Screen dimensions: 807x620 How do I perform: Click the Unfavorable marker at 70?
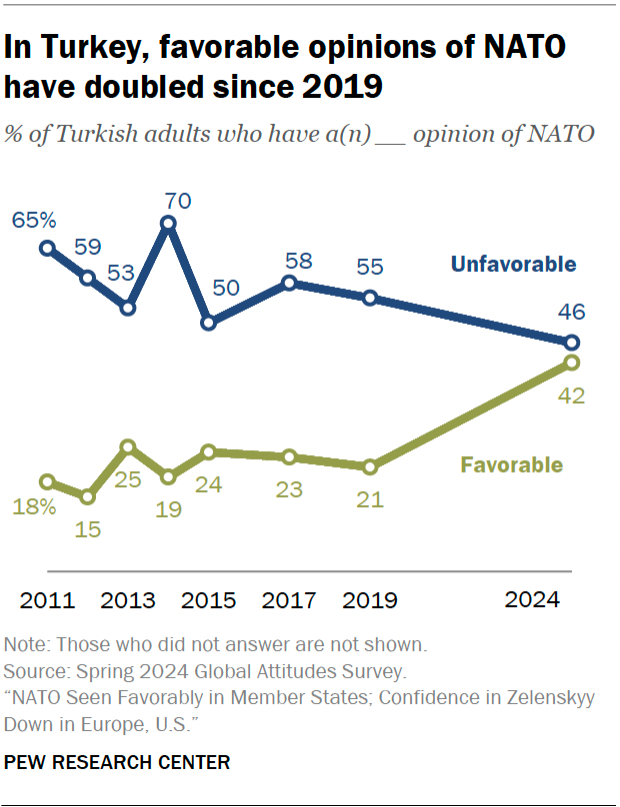pyautogui.click(x=169, y=225)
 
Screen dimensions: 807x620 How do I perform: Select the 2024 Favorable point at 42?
pyautogui.click(x=571, y=363)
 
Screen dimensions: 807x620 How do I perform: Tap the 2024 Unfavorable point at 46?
pyautogui.click(x=571, y=343)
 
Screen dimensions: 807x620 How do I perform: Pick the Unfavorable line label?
pyautogui.click(x=513, y=265)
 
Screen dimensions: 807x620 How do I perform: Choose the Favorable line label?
pyautogui.click(x=511, y=465)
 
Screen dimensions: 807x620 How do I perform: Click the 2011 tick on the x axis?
pyautogui.click(x=47, y=600)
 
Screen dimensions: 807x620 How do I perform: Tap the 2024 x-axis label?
pyautogui.click(x=532, y=600)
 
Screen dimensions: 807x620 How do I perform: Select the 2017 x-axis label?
pyautogui.click(x=289, y=600)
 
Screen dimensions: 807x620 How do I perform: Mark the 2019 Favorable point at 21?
pyautogui.click(x=370, y=466)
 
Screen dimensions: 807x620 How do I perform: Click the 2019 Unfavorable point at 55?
pyautogui.click(x=370, y=298)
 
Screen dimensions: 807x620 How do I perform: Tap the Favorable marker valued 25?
pyautogui.click(x=128, y=447)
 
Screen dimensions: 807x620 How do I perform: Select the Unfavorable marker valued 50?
pyautogui.click(x=209, y=323)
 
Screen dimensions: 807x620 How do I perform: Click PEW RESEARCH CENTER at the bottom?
pyautogui.click(x=117, y=763)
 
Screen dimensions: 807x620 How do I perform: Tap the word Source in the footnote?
pyautogui.click(x=31, y=670)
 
